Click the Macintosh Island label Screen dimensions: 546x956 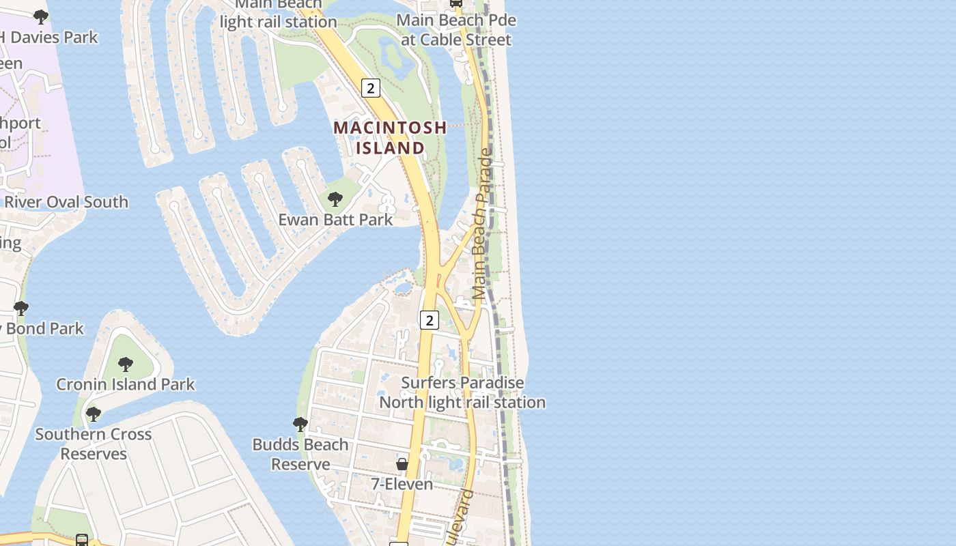390,137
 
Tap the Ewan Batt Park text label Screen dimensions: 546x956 335,220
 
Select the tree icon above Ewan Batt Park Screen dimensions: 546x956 335,199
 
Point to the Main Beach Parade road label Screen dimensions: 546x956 481,225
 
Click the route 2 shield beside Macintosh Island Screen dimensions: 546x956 370,88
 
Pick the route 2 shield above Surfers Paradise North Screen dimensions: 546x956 429,319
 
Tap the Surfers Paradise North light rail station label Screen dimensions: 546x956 462,392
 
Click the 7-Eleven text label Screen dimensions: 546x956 402,484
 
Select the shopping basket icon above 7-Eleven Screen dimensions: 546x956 402,464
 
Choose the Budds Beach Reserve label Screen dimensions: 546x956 300,454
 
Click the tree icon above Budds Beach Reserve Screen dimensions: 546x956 300,425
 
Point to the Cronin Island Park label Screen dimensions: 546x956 126,384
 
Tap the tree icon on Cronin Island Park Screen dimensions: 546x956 126,364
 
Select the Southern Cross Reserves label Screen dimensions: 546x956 94,444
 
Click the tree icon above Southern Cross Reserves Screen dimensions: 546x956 94,414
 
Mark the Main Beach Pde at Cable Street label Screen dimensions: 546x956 456,30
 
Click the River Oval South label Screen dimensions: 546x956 66,202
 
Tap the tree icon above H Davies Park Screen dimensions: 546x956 41,17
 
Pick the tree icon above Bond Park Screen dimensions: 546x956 21,308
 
